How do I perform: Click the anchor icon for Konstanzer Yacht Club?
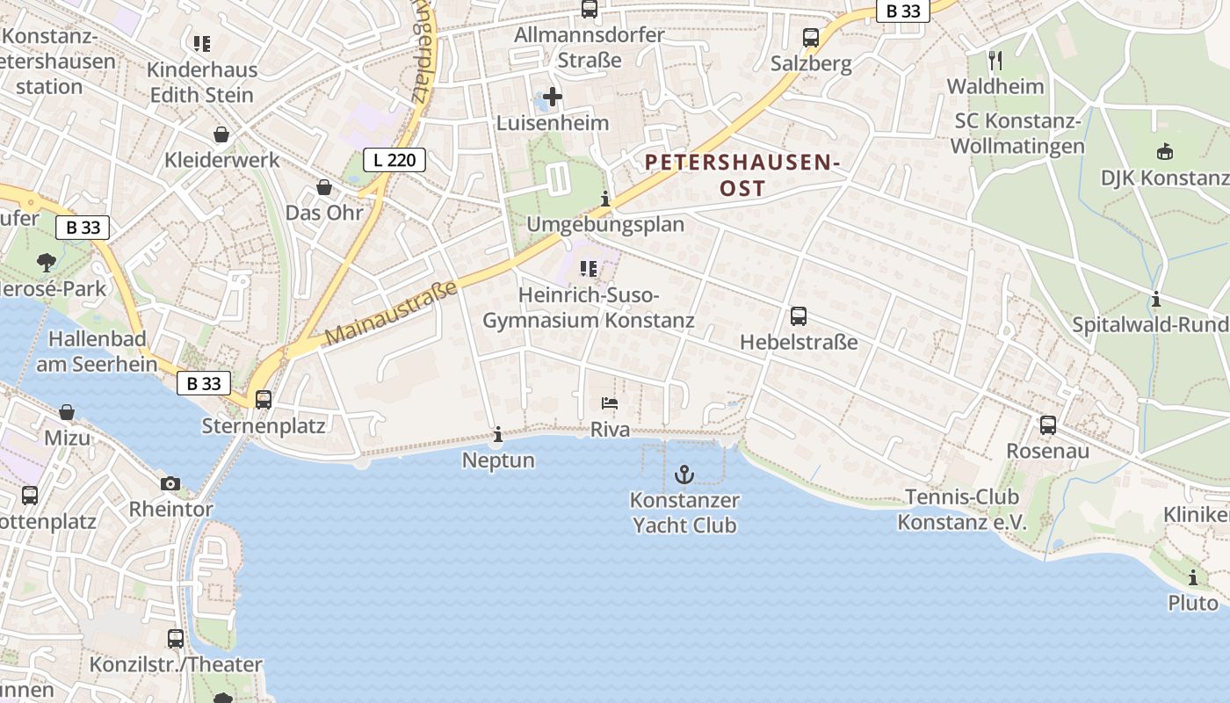[x=684, y=475]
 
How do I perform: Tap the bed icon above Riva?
[x=610, y=403]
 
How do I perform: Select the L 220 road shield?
[x=394, y=160]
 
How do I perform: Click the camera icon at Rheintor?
[x=170, y=483]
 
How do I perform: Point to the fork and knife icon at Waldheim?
[x=995, y=61]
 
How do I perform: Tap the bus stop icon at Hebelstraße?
[x=799, y=316]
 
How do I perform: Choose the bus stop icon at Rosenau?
[x=1048, y=425]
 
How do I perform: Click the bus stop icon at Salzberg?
[x=811, y=38]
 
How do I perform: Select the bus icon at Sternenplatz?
[x=264, y=400]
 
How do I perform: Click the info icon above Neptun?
[x=498, y=434]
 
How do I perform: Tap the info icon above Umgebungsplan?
[x=604, y=199]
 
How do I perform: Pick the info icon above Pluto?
[x=1193, y=577]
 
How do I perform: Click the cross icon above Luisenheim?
[x=553, y=96]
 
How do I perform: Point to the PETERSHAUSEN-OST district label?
[x=742, y=175]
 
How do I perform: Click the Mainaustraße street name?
[x=392, y=313]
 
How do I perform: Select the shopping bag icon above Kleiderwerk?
[x=221, y=134]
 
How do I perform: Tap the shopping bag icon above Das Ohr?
[x=324, y=187]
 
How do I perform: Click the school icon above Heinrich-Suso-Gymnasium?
[x=588, y=269]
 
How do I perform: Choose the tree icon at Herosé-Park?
[x=46, y=262]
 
